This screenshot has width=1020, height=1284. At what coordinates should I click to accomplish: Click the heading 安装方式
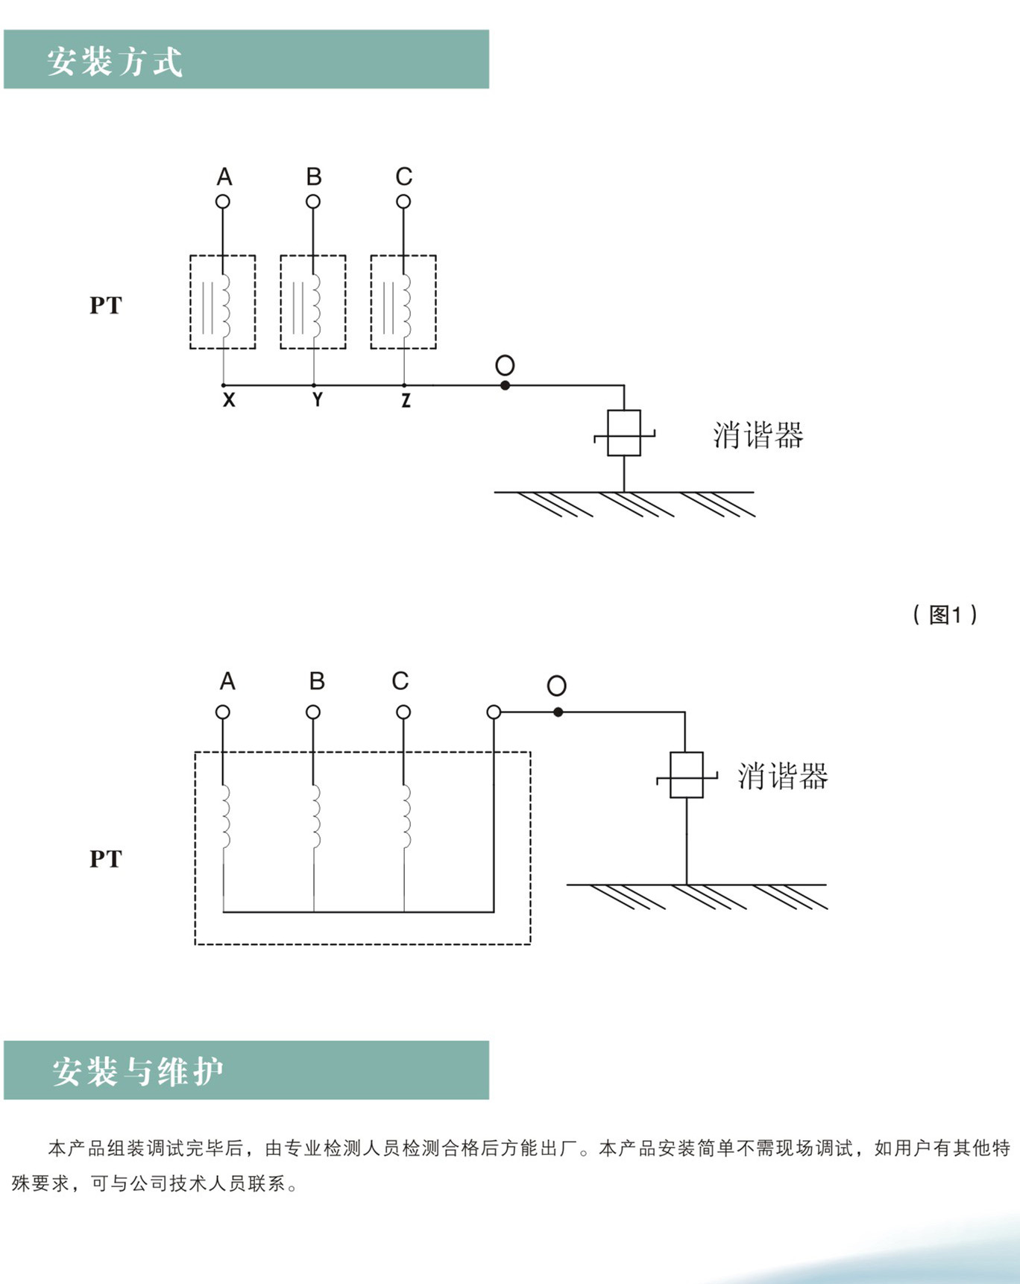pos(115,61)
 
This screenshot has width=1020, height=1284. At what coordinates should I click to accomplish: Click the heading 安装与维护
pos(138,1072)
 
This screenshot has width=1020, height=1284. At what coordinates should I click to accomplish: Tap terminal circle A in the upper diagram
pos(223,201)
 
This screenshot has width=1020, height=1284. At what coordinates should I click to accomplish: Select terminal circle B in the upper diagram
pos(313,201)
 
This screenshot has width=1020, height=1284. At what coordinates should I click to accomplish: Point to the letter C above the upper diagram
pos(403,177)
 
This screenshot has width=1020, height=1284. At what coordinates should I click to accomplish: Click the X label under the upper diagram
pos(229,400)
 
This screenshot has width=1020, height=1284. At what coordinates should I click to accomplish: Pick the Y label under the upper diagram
pos(318,400)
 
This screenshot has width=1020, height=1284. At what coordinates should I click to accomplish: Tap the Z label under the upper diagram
pos(406,400)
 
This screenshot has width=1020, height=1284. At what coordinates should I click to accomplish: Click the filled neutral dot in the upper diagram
pos(505,385)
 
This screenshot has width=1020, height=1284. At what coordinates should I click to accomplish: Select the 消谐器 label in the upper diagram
pos(758,435)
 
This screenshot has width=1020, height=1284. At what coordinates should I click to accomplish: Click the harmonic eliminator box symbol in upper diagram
pos(624,433)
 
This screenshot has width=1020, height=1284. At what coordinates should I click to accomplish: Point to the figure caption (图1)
pos(945,615)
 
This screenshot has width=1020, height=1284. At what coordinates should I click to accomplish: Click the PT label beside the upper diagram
pos(105,306)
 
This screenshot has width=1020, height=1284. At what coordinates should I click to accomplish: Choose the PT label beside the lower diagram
pos(105,859)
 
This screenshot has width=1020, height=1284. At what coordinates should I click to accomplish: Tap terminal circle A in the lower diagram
pos(223,712)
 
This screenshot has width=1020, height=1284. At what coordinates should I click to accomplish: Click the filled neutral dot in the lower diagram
pos(558,712)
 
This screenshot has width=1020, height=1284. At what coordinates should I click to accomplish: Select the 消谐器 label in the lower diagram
pos(783,776)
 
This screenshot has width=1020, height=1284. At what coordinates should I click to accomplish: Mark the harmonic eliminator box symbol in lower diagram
pos(687,775)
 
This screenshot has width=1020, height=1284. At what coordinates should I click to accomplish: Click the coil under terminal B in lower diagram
pos(316,816)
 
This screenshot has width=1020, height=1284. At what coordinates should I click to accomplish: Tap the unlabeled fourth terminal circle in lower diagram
pos(494,712)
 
